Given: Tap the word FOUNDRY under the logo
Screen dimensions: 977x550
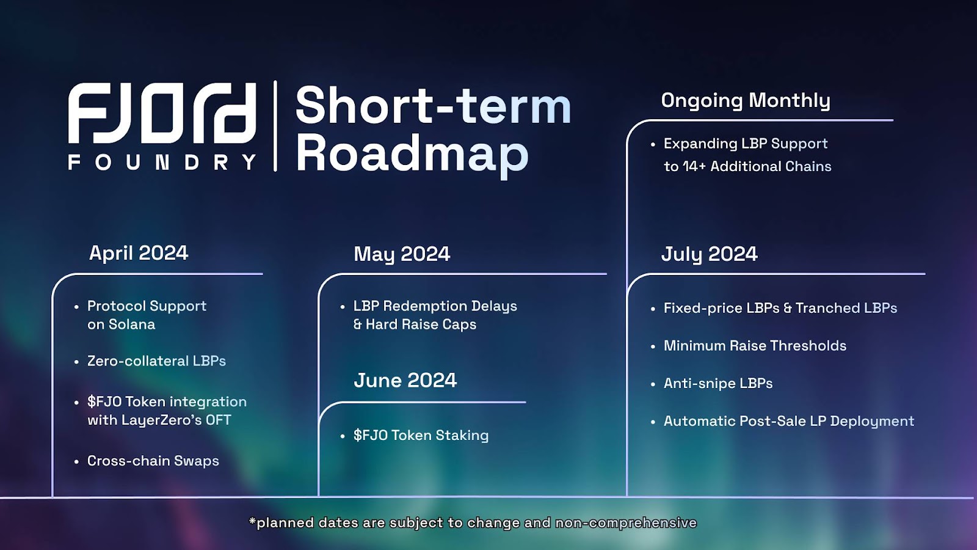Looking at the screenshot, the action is pos(162,163).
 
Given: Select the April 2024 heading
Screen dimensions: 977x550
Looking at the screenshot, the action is pos(138,253).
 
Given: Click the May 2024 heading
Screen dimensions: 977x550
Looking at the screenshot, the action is pos(402,254).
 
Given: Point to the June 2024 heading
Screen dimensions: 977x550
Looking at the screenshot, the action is pos(405,380).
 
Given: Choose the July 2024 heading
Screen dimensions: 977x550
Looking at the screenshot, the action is pos(709,254).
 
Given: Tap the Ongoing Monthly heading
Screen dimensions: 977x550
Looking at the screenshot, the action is pos(746,101).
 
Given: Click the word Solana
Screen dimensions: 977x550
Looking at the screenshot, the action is pos(132,324).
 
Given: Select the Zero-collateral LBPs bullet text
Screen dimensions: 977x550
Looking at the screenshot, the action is pos(156,361).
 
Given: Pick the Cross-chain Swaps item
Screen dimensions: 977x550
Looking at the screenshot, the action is pos(153,461).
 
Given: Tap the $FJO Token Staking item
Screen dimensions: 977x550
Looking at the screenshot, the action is pos(421,435).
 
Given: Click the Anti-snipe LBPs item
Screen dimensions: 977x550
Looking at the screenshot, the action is pos(718,383).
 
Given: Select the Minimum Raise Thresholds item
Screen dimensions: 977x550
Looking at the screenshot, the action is pos(755,346).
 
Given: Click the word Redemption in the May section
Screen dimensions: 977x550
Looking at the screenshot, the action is pos(419,306).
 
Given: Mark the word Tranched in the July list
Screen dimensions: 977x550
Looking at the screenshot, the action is pos(828,308).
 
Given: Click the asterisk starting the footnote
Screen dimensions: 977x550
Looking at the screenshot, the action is pos(252,520).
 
